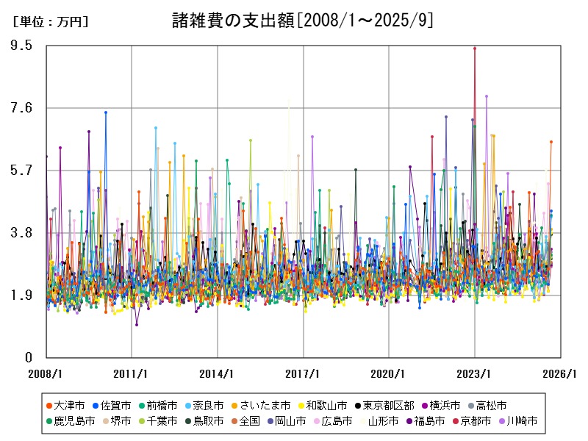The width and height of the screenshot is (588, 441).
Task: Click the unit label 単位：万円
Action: (51, 22)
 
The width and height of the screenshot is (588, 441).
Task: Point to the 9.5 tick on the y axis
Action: (22, 46)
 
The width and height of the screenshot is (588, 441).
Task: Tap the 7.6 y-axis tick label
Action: (22, 108)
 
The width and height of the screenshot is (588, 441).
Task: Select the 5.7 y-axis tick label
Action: (22, 171)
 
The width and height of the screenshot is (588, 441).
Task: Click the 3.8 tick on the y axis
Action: (22, 233)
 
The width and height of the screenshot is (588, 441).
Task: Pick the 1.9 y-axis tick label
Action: (22, 295)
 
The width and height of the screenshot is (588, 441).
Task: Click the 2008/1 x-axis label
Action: (46, 373)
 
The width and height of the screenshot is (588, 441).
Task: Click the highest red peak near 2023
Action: (475, 48)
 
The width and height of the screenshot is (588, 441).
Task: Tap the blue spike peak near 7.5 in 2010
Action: (106, 112)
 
